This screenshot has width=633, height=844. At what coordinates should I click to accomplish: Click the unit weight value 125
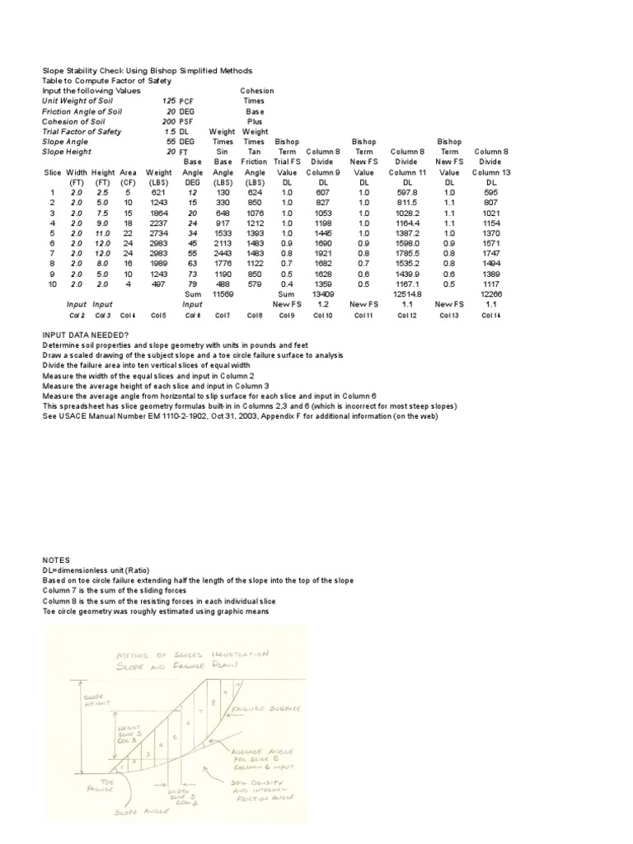click(x=169, y=101)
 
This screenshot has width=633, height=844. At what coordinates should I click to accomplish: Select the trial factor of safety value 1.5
click(x=171, y=131)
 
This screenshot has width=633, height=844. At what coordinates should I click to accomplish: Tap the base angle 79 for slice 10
click(x=193, y=284)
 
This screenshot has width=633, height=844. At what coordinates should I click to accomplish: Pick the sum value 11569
click(x=223, y=293)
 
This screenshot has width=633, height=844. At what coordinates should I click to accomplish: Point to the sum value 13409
click(x=321, y=293)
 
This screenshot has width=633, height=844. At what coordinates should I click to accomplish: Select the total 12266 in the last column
click(x=492, y=293)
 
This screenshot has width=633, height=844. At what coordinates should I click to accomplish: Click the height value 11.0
click(x=103, y=234)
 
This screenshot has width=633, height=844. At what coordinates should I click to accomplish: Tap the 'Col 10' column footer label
click(x=321, y=314)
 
